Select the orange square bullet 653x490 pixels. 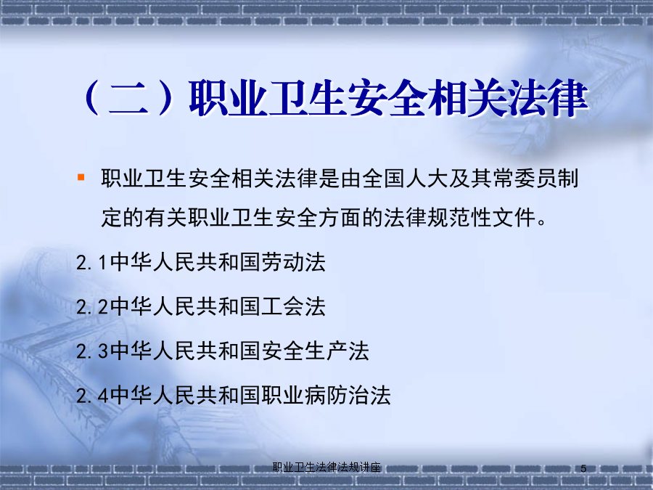81,178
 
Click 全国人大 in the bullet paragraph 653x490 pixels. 406,179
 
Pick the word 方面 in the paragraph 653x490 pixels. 340,218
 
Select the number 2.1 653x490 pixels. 92,263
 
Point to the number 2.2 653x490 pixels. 92,308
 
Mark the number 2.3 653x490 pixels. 92,351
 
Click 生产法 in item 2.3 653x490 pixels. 337,351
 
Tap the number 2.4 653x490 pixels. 92,396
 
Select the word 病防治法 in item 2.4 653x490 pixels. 348,395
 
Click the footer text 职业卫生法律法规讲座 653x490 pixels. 326,467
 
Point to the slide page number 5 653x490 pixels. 583,468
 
